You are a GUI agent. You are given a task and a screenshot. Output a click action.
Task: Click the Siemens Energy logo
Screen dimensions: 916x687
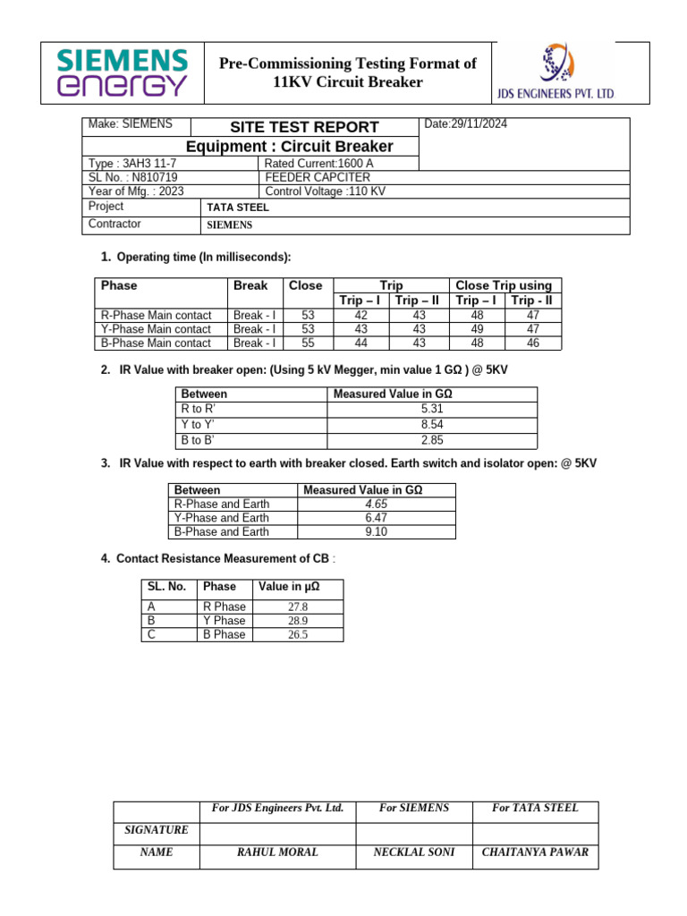123,72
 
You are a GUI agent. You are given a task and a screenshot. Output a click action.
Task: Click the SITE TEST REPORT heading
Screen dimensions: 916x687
292,127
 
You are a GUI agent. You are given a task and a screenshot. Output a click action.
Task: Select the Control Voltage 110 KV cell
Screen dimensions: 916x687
326,191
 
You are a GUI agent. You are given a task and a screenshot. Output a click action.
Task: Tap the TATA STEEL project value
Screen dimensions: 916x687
238,208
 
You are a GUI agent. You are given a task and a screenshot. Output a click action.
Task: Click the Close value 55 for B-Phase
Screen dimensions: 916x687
309,343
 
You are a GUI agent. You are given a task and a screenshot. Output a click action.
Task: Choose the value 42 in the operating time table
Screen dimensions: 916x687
361,315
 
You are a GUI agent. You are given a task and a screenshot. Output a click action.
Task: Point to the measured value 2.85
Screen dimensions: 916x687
432,440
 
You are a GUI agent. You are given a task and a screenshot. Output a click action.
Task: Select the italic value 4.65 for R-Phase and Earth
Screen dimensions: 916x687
376,505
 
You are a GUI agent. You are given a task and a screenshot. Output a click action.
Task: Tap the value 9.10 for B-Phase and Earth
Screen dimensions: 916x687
376,532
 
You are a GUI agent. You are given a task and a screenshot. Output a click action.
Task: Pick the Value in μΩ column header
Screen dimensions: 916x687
288,587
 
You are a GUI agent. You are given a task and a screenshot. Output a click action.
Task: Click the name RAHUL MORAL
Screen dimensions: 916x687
277,852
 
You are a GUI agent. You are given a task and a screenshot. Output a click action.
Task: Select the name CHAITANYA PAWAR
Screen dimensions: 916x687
535,852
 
